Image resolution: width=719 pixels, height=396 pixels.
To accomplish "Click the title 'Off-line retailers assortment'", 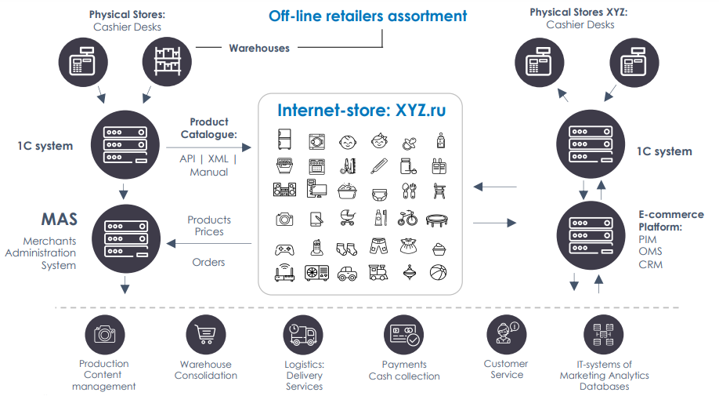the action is (367, 16).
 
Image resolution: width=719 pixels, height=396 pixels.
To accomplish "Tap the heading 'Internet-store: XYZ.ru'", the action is (361, 110).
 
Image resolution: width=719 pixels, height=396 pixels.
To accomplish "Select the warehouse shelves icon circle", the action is (167, 62).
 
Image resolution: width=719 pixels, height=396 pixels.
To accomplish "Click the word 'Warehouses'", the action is (259, 48).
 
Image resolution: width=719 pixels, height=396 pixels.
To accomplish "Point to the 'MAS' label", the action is (60, 220).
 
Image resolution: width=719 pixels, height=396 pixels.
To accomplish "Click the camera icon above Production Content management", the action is (104, 335).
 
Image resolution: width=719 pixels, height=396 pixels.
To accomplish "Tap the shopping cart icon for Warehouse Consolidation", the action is (206, 335).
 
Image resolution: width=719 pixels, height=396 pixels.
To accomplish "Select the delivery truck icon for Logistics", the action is (303, 335).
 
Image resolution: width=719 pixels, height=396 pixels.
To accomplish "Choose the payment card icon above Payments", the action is (403, 335).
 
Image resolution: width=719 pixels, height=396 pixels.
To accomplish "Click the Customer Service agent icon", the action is (506, 335).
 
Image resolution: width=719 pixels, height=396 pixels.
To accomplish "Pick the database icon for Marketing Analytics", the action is (603, 335).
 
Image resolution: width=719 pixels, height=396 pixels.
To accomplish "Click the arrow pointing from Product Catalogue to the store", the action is (208, 147).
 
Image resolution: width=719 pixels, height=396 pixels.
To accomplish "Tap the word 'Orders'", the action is (208, 262).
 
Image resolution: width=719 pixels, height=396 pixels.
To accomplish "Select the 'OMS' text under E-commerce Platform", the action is (650, 252).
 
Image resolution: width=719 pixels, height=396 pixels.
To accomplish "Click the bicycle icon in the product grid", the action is (407, 219).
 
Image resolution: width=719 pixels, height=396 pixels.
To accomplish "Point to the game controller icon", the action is (284, 249).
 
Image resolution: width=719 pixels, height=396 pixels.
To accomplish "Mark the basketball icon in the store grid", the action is (439, 273).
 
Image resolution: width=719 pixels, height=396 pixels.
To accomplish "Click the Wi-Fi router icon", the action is (284, 273).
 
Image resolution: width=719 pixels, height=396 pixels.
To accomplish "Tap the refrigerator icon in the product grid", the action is (284, 140).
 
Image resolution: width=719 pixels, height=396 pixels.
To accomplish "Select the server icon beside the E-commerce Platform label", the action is (591, 235).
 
